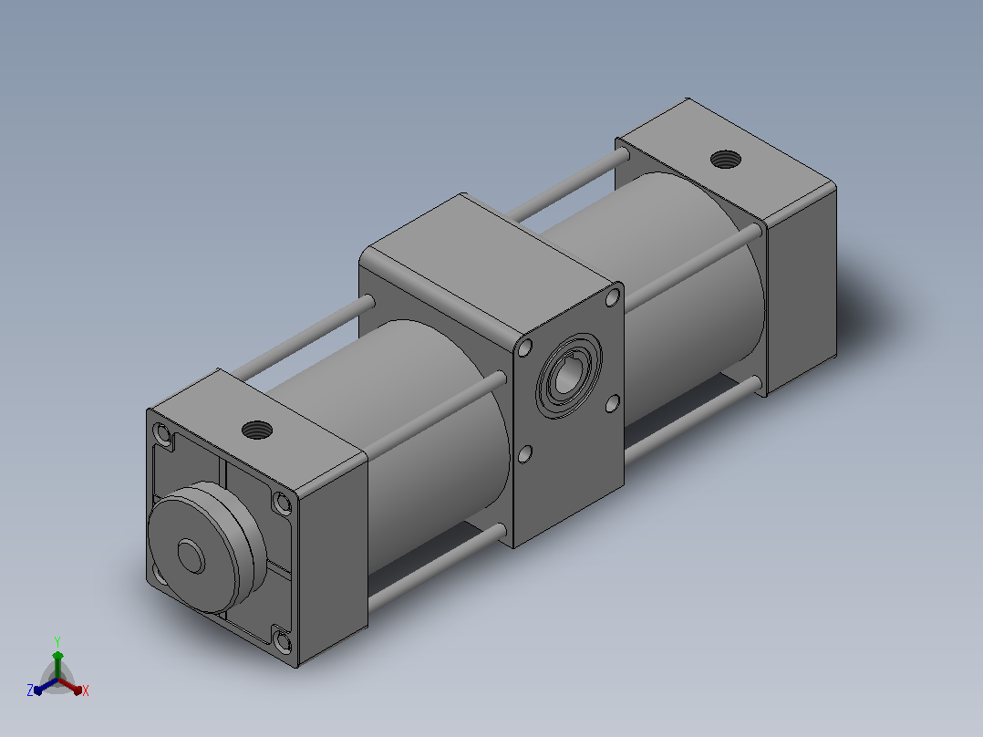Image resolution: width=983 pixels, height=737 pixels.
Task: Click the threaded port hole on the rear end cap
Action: (x=725, y=160)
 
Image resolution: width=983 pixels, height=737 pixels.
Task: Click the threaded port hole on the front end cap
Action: (x=257, y=430)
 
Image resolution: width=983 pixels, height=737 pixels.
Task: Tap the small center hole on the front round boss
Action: (x=191, y=555)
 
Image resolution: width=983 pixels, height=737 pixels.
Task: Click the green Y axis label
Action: (x=57, y=642)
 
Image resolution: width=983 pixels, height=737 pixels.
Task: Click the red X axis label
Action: (x=86, y=690)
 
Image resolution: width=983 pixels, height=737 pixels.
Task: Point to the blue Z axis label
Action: (x=30, y=690)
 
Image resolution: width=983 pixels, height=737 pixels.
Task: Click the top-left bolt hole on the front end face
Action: (x=163, y=433)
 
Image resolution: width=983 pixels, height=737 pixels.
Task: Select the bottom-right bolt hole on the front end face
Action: (x=284, y=642)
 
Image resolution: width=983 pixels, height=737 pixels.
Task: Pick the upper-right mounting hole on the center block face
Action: (x=613, y=298)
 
